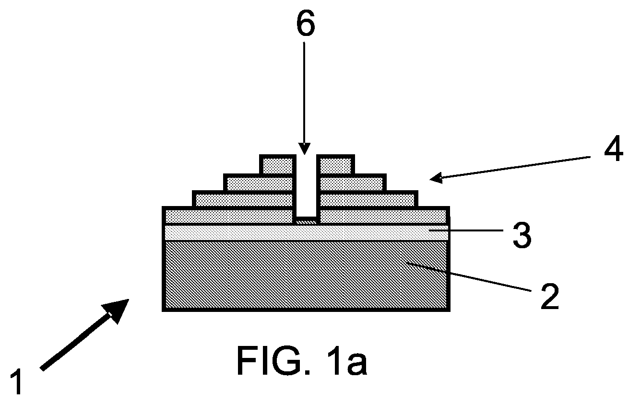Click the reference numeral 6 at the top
pos(306,24)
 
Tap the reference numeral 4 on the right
pos(614,149)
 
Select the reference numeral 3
pos(522,235)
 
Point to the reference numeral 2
pos(550,297)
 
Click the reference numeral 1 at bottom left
pos(17,382)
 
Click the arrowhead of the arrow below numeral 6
pos(304,149)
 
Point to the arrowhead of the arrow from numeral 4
pos(436,178)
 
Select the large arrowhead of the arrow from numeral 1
pos(117,310)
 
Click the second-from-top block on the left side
pos(260,183)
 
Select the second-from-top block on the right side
pos(352,183)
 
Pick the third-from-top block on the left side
pos(244,199)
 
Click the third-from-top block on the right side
pos(368,199)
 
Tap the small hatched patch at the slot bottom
pos(307,221)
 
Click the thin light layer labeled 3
pos(306,233)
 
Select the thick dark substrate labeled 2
pos(306,276)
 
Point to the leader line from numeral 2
pos(469,277)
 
